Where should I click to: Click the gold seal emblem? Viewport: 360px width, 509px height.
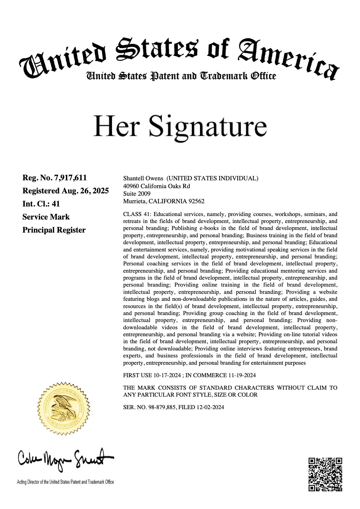click(x=64, y=409)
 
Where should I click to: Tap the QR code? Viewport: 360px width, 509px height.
click(x=325, y=474)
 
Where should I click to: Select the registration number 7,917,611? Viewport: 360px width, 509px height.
click(x=71, y=178)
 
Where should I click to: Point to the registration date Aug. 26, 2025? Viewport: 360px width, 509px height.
click(x=85, y=191)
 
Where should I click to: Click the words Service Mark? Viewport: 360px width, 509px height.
click(x=46, y=217)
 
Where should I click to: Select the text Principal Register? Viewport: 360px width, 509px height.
click(x=54, y=230)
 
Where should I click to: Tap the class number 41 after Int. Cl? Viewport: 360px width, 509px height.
click(x=56, y=204)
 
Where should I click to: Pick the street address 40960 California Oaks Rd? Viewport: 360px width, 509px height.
click(x=156, y=186)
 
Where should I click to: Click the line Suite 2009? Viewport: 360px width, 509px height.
click(x=137, y=193)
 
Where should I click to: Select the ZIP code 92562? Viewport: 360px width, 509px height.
click(x=197, y=201)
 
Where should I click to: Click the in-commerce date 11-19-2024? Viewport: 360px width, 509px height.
click(x=242, y=375)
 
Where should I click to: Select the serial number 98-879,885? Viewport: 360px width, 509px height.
click(x=162, y=407)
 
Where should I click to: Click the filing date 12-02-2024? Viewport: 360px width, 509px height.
click(x=210, y=407)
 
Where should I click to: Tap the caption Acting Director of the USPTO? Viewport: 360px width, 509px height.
click(x=65, y=482)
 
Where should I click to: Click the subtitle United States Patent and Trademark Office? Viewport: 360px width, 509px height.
click(x=181, y=76)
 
